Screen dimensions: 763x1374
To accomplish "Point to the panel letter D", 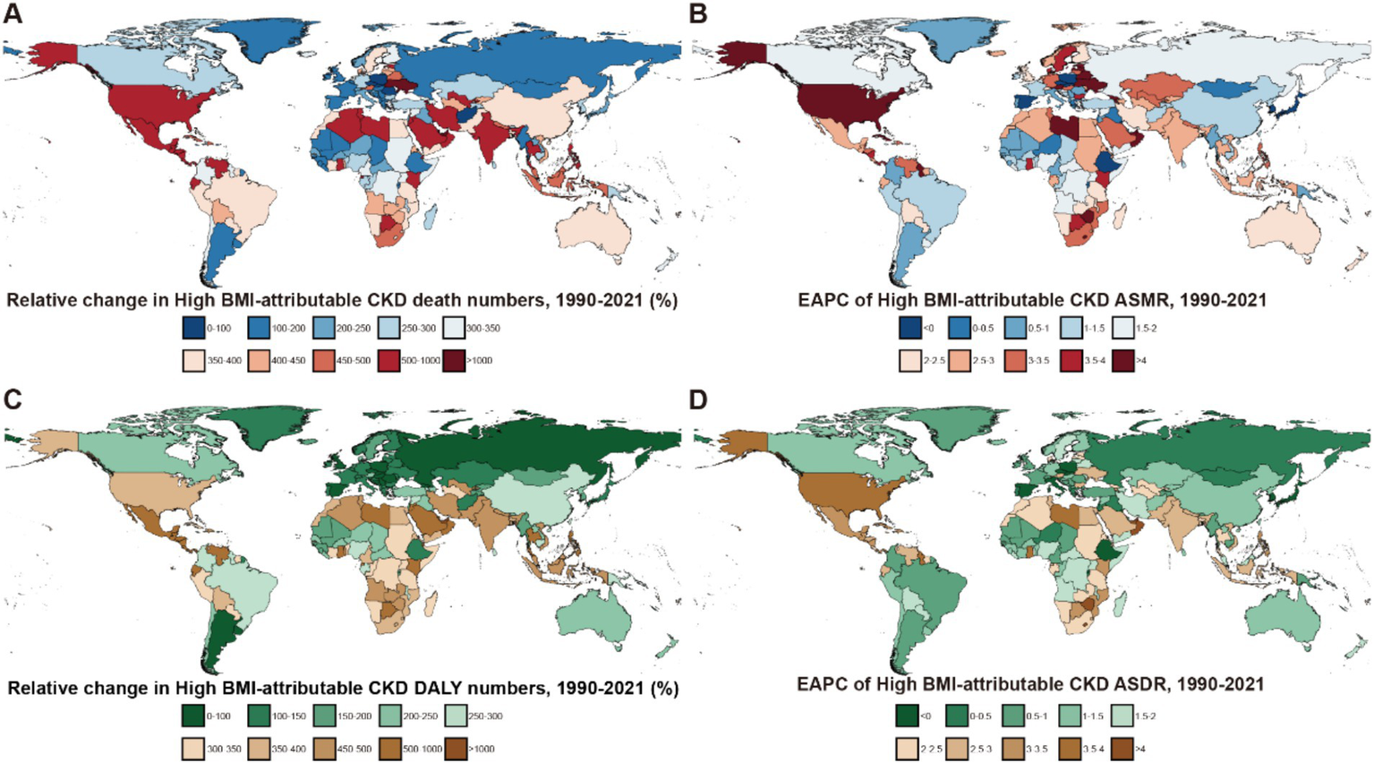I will [x=699, y=399].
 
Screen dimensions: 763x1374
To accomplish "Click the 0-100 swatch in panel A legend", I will [x=193, y=328].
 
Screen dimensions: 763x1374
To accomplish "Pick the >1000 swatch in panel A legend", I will [x=453, y=360].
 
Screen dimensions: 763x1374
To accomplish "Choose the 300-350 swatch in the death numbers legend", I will [x=453, y=328].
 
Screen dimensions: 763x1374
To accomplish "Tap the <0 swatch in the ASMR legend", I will [x=909, y=328].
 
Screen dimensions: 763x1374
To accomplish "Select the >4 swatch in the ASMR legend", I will [x=1122, y=360].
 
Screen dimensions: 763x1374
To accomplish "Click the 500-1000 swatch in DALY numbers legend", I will [x=388, y=748].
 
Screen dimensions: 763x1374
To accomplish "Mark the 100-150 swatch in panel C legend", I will [x=259, y=716].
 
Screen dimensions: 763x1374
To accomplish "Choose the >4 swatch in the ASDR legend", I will [x=1121, y=748].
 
